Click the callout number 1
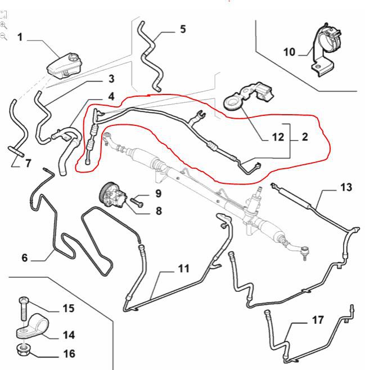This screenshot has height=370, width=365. (x=20, y=38)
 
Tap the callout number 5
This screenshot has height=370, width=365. (x=183, y=29)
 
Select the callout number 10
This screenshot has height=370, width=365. (x=289, y=52)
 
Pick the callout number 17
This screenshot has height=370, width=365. (x=318, y=321)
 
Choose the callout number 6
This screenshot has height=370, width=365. (x=24, y=258)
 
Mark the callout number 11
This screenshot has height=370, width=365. (x=183, y=269)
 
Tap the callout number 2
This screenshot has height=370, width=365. (x=304, y=137)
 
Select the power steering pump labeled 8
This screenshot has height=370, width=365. (x=115, y=197)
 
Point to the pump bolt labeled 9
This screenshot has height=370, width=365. (x=137, y=198)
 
